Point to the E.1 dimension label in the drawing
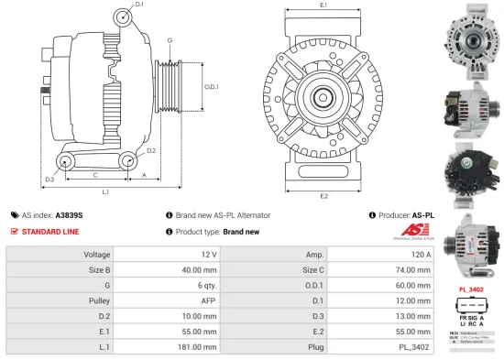point(324,6)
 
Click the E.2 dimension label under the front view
point(324,195)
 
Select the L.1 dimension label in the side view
point(105,192)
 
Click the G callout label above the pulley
point(170,41)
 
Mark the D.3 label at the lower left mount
point(49,178)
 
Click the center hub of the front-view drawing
point(324,97)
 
